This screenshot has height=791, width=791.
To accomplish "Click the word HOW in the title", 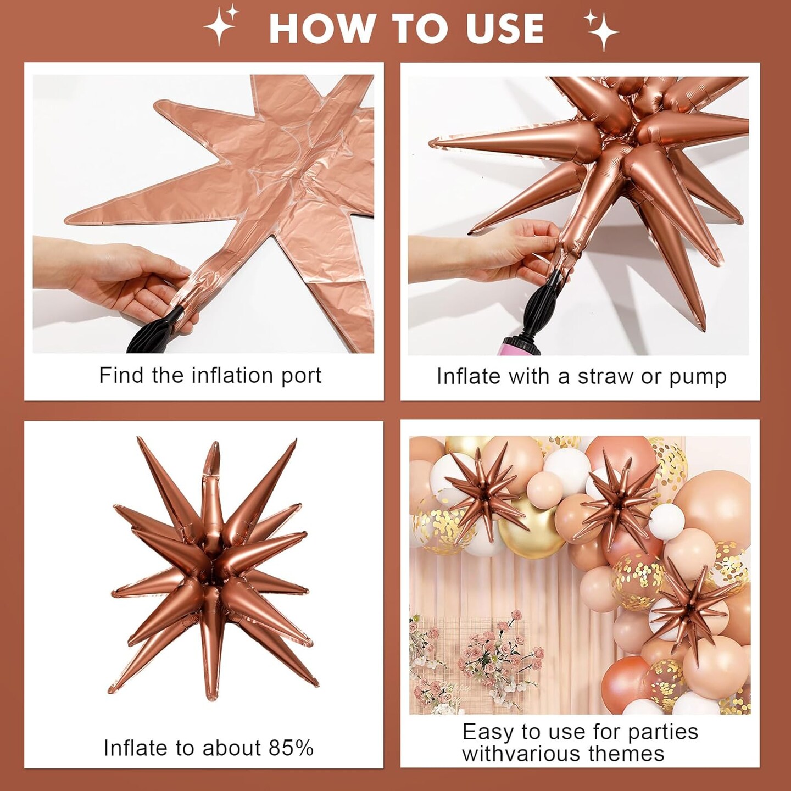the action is (320, 28).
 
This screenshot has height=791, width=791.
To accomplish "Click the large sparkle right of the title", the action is (603, 29).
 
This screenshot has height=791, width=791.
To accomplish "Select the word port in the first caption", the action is (301, 376).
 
